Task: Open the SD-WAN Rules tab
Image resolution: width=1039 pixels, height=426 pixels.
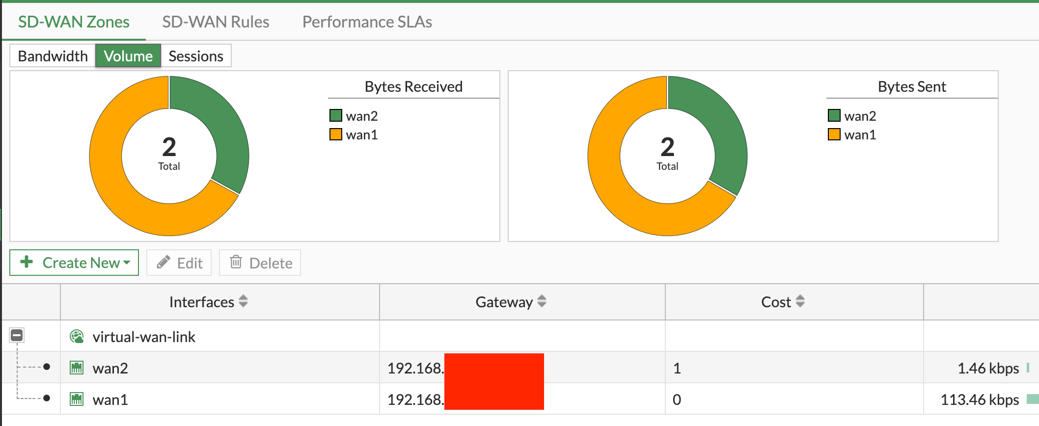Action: (x=216, y=22)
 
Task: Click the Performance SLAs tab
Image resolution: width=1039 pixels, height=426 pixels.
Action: (x=367, y=22)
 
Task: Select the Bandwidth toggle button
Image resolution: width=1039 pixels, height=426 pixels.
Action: (x=53, y=56)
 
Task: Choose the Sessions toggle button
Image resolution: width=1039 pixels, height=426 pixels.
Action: (x=196, y=56)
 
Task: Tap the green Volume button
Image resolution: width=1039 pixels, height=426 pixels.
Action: (x=128, y=56)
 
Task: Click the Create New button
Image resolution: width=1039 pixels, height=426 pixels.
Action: (x=75, y=263)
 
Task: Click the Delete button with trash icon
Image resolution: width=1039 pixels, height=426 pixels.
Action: (x=260, y=263)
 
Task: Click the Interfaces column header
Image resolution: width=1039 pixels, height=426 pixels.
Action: (x=202, y=302)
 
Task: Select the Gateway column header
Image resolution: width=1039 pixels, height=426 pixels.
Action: (x=504, y=302)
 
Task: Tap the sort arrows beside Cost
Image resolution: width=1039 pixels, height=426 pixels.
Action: (x=800, y=301)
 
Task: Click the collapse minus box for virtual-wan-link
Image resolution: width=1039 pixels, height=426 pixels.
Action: (x=17, y=336)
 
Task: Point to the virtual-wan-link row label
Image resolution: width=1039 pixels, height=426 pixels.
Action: (x=144, y=337)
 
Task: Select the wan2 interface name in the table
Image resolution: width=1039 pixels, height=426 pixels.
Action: (x=110, y=368)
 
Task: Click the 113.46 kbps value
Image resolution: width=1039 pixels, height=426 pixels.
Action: (x=980, y=399)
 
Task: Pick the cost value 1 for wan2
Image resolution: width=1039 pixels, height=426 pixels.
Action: (x=677, y=368)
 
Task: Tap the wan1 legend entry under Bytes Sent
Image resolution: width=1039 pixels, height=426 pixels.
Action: (x=860, y=134)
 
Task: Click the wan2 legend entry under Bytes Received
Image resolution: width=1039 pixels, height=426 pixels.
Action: (x=361, y=116)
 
